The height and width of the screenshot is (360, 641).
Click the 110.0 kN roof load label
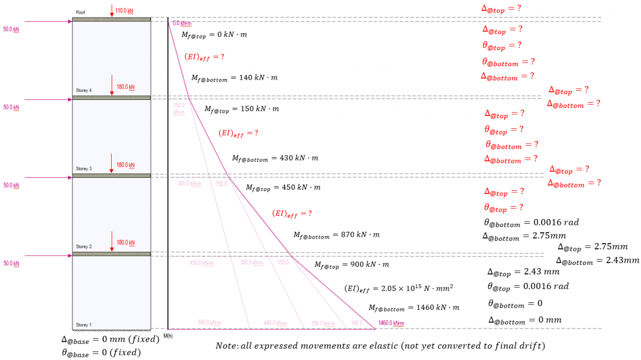tap(124, 10)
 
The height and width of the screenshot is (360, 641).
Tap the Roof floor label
tap(80, 12)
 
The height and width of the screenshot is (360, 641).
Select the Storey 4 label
tap(84, 90)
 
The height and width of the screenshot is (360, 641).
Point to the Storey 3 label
tap(84, 169)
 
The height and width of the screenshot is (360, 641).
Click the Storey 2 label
tap(84, 247)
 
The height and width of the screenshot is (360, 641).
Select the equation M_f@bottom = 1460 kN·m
tap(413, 308)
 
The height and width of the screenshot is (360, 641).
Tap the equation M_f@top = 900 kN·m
tap(351, 264)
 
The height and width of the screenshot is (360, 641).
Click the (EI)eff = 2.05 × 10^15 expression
tap(398, 288)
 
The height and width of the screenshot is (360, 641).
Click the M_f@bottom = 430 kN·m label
tap(275, 158)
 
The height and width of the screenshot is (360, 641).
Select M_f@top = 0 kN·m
tap(214, 35)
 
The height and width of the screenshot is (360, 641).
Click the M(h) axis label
tap(168, 335)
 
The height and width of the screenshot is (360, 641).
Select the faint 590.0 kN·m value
tap(210, 323)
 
